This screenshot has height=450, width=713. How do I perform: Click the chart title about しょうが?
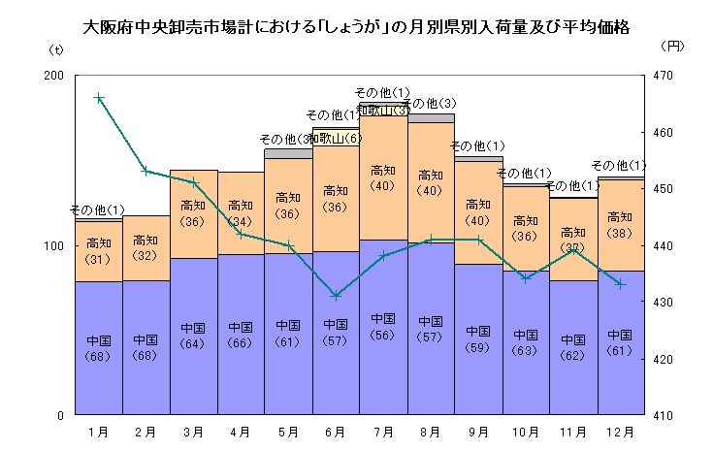click(x=356, y=27)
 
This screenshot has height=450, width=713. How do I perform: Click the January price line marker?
click(x=98, y=97)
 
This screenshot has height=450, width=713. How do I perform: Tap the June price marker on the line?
click(x=336, y=295)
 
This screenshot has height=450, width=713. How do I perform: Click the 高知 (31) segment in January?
click(x=98, y=251)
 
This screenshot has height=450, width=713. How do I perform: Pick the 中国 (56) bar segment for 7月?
click(x=383, y=327)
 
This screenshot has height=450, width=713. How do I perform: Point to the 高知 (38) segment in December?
click(x=621, y=225)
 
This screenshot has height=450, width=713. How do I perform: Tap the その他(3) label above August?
click(x=429, y=104)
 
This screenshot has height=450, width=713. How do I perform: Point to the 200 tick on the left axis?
click(x=54, y=76)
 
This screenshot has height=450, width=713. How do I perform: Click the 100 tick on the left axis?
click(x=54, y=246)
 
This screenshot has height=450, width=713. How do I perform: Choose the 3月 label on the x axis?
click(x=193, y=432)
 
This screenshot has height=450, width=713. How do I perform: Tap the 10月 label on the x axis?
click(x=526, y=432)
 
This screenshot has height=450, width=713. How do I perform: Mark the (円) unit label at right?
click(x=670, y=47)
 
